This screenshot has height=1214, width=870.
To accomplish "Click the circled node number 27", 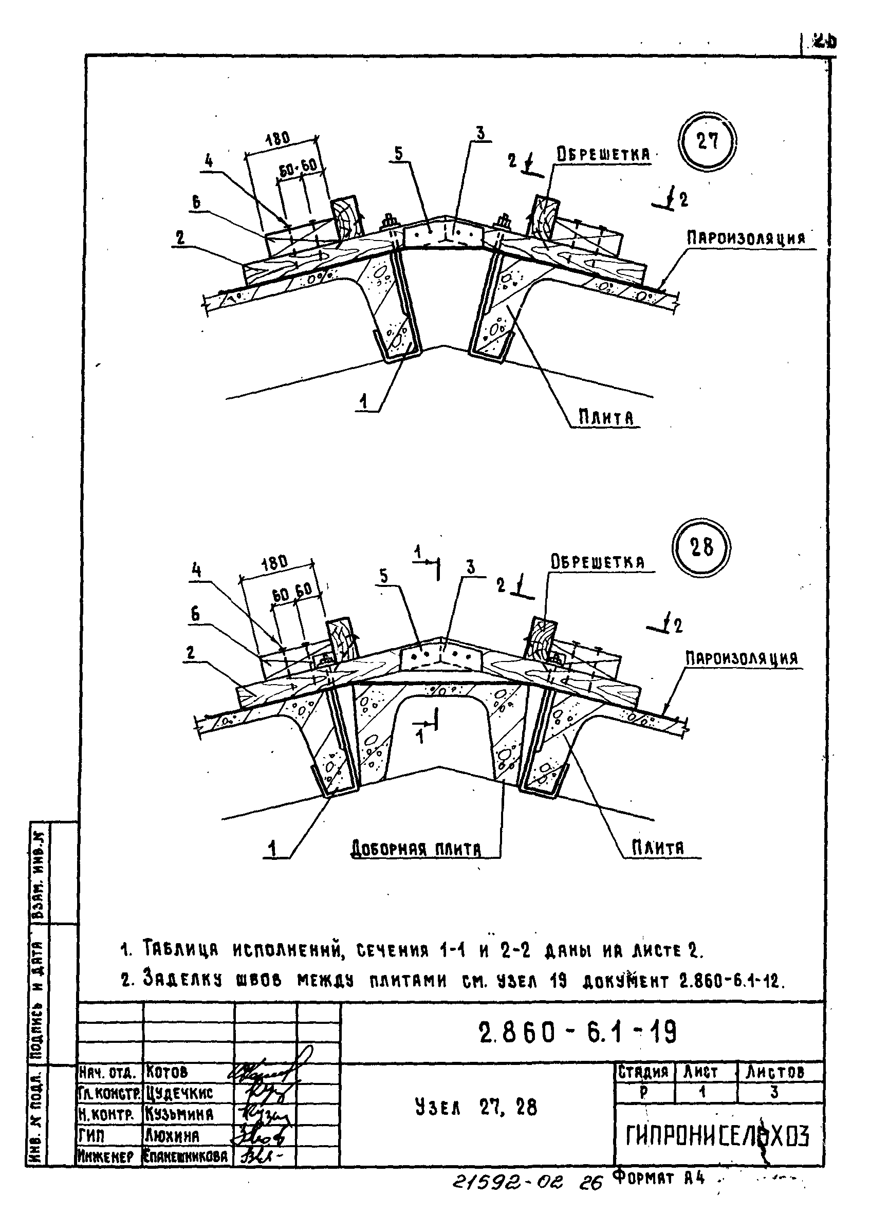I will pos(707,142).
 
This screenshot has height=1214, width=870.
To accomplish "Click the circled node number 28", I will pos(701,547).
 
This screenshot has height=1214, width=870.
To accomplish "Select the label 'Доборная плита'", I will pos(416,849).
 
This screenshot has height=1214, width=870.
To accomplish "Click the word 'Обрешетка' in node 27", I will pos(603,155).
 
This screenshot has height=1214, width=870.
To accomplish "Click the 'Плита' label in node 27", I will pos(607,417).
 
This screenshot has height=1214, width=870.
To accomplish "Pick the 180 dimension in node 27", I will pos(277,138).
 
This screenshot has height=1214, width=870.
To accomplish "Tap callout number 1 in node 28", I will pos(273,849).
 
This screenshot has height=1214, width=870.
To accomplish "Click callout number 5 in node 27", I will pos(399,154).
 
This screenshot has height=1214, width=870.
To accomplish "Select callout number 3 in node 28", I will pos(471,568).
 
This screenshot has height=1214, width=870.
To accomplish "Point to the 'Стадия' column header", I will pos(644,1072).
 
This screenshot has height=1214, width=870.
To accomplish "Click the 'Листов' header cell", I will pos(775,1072).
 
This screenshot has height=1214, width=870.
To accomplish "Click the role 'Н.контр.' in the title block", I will pos(106,1114).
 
